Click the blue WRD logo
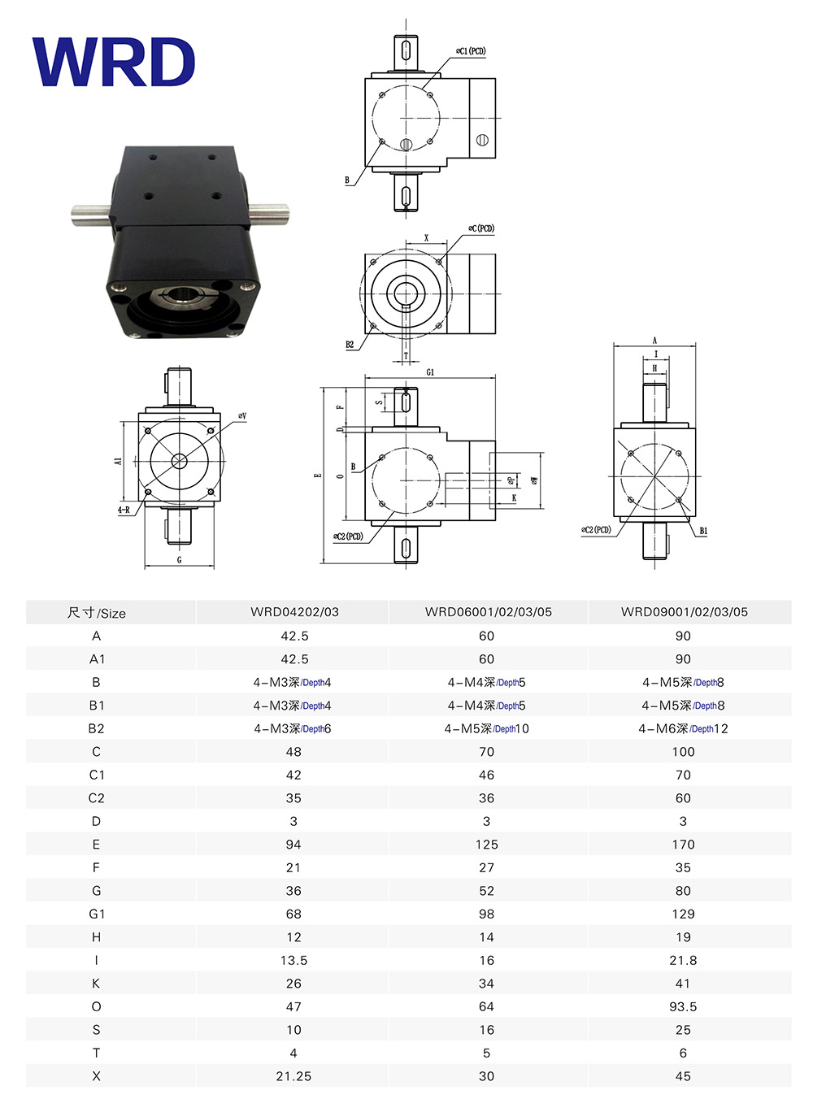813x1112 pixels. tap(113, 62)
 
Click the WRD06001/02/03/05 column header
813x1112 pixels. tap(488, 611)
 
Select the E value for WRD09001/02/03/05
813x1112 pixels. tap(683, 845)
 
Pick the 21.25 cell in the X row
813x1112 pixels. tap(293, 1076)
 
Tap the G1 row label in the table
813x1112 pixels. tap(97, 914)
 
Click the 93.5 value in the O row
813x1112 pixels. tap(683, 1007)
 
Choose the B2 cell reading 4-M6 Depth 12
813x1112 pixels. tap(683, 729)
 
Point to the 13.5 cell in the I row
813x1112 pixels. tap(293, 960)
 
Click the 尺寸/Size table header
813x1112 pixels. tap(97, 613)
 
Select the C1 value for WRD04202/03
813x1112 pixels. tap(293, 775)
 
